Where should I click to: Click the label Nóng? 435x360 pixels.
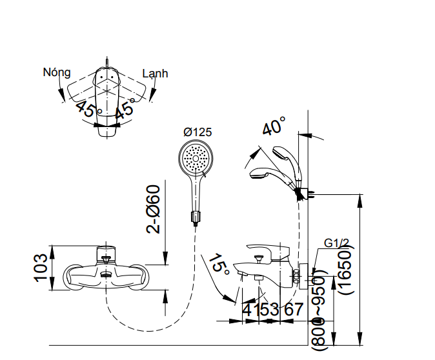coord(56,72)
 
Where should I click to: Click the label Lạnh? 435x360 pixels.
coord(155,74)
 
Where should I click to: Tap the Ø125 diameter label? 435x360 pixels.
coord(197,132)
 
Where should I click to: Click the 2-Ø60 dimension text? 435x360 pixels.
coord(152,209)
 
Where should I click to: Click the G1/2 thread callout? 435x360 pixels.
coord(336,243)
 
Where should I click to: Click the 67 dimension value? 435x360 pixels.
coord(293,310)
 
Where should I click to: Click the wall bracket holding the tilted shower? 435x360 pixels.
coord(301,192)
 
